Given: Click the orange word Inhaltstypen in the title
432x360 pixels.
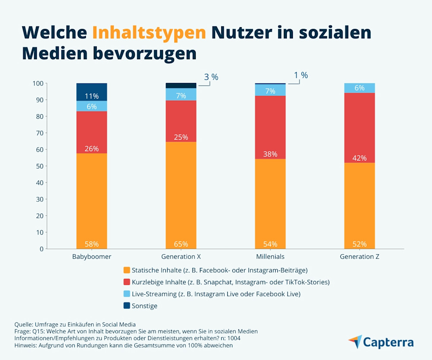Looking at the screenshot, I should [x=149, y=33].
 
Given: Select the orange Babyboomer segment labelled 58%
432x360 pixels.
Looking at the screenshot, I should [x=92, y=201].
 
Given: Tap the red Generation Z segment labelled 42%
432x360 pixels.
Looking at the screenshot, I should [x=359, y=127].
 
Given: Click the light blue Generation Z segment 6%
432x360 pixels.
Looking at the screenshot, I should [x=359, y=88].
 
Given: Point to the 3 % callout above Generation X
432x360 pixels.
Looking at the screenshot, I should [x=211, y=77].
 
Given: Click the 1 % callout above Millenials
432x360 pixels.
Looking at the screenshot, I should [x=301, y=75].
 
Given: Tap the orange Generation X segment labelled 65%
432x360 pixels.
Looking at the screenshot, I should [x=181, y=194].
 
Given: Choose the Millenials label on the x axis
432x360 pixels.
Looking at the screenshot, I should [x=270, y=256].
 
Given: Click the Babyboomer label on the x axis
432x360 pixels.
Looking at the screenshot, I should [x=92, y=256].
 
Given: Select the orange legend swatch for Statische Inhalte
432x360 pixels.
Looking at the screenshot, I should [x=127, y=270].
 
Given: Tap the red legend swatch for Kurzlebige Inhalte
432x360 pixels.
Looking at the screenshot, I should [x=127, y=282].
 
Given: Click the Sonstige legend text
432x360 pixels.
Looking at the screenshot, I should [x=144, y=306].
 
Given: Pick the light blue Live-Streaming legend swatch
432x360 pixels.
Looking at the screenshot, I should [x=127, y=294].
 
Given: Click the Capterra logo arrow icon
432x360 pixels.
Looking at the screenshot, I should [x=355, y=341].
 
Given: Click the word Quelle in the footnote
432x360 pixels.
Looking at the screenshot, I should [x=24, y=324].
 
